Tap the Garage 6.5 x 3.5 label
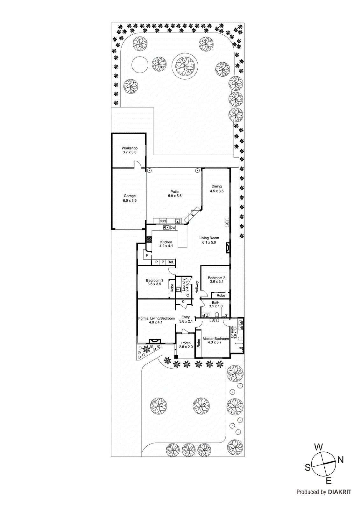click(x=130, y=198)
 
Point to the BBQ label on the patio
click(x=163, y=221)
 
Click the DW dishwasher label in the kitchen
click(x=173, y=228)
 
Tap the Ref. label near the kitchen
click(x=171, y=262)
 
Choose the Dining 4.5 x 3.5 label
click(x=216, y=189)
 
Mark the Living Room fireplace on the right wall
click(x=228, y=248)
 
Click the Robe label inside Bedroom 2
click(x=221, y=296)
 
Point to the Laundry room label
click(x=185, y=285)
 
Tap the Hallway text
click(x=197, y=287)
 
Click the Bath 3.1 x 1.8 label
click(x=215, y=304)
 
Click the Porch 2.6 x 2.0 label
click(x=186, y=345)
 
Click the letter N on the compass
click(x=340, y=460)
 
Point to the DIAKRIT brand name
click(x=339, y=492)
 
